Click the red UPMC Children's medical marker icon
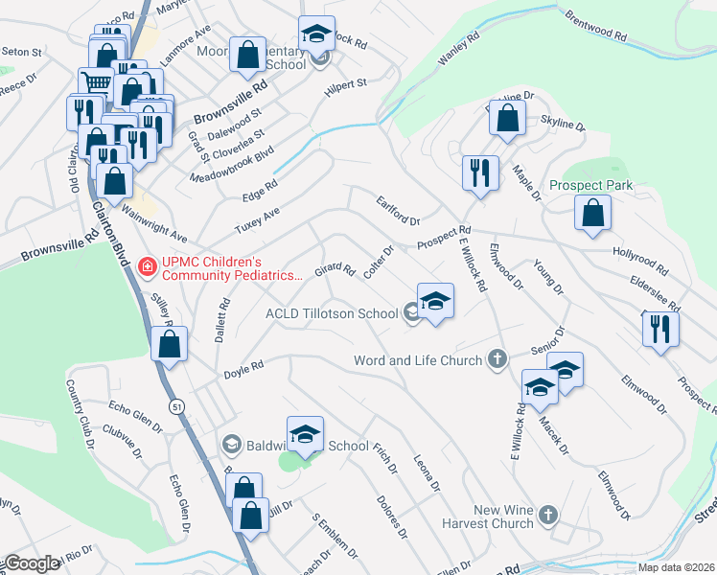(148, 264)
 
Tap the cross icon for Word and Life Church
(497, 359)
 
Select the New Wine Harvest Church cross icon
(548, 515)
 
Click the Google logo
(32, 563)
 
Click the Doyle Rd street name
(243, 367)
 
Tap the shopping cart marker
(95, 82)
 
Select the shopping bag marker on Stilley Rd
(170, 347)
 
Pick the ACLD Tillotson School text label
(332, 313)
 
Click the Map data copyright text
(675, 567)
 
